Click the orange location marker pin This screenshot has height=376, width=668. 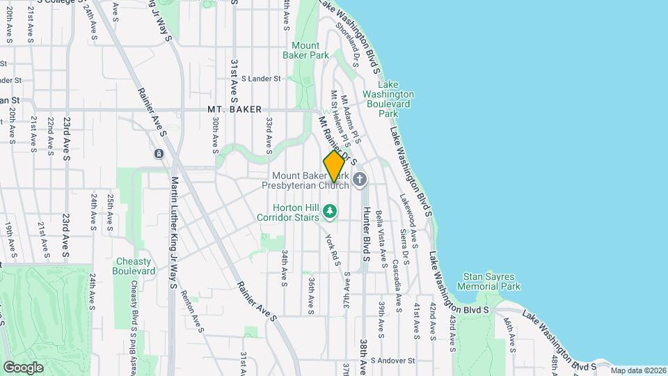[x=334, y=166]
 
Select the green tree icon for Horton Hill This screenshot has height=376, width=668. [x=331, y=210]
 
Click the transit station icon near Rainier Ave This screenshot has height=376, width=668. [x=159, y=153]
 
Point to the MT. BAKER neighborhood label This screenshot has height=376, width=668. [x=234, y=110]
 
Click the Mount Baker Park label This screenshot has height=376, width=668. [x=305, y=49]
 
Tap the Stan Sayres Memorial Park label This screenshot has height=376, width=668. [x=488, y=281]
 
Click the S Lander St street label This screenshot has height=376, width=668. [x=260, y=79]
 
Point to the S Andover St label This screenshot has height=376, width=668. [x=392, y=361]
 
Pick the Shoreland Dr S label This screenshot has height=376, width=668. [x=347, y=44]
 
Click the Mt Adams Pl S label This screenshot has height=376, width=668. [x=351, y=116]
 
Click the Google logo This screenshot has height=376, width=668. [x=23, y=367]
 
